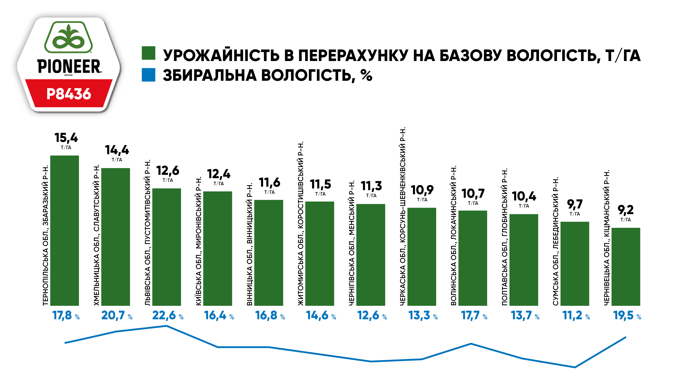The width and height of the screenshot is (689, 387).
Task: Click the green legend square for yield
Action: coord(148,53)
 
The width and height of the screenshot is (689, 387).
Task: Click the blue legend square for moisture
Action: coord(148,75)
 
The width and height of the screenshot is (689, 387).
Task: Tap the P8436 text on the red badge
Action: coord(69,94)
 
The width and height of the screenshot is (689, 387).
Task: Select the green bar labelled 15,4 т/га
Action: coord(64,230)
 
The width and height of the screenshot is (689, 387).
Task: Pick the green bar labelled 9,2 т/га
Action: coord(626,267)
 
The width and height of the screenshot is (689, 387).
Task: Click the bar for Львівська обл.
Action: coord(167,247)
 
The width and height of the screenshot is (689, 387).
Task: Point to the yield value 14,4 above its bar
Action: coord(117,150)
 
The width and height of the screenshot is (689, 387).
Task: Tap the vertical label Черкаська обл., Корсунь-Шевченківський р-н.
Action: coord(403,216)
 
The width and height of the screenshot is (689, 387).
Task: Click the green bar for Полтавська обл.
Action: coord(524,260)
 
